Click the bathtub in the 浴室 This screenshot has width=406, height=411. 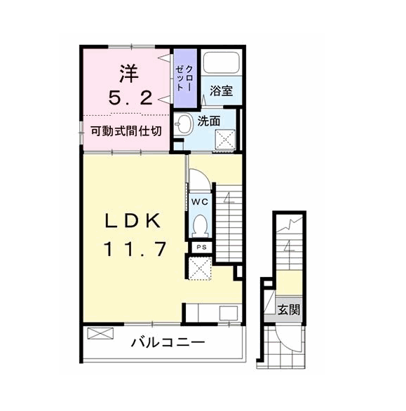(222, 62)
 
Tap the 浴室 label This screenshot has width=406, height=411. (221, 90)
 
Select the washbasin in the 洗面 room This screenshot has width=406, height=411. (182, 124)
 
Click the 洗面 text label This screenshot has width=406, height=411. (209, 121)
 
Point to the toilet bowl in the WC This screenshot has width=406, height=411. (200, 226)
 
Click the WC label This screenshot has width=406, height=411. (200, 201)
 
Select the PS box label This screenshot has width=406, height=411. (201, 247)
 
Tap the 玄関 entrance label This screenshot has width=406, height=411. (289, 309)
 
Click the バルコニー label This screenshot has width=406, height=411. (168, 342)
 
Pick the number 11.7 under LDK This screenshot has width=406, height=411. (135, 249)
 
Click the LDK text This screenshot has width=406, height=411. (133, 221)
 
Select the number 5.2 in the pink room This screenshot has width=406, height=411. (130, 99)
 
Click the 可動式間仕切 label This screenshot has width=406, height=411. (126, 130)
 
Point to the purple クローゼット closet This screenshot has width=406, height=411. (185, 78)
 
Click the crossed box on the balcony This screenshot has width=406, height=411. (100, 333)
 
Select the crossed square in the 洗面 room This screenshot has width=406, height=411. (225, 140)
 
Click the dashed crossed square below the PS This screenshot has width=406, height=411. (200, 268)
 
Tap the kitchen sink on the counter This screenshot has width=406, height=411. (229, 313)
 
